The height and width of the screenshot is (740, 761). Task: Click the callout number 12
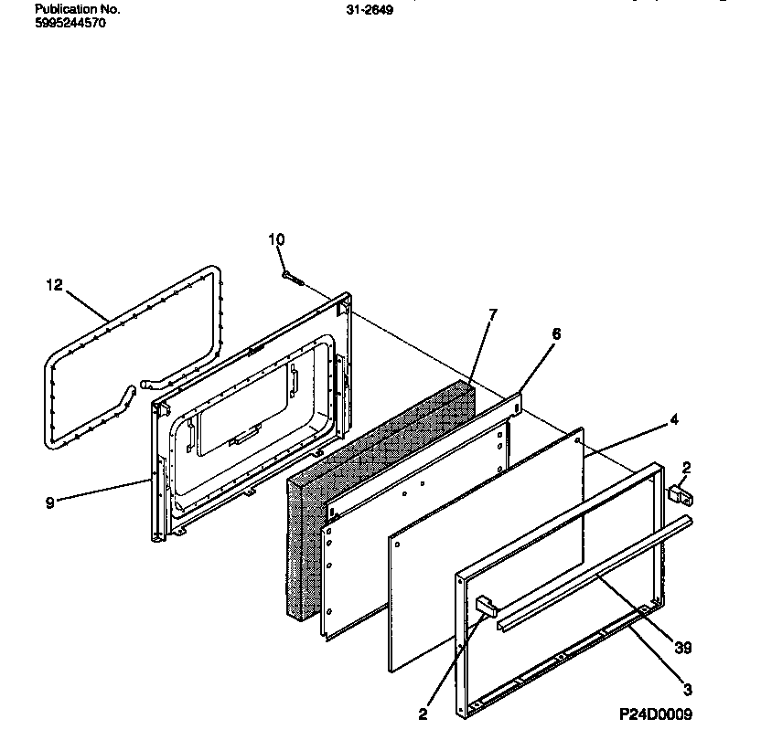[54, 285]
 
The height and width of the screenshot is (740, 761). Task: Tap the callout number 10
[276, 239]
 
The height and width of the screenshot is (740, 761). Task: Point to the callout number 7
[492, 314]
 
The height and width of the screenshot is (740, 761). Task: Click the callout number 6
[554, 334]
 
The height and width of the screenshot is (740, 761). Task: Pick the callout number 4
[674, 421]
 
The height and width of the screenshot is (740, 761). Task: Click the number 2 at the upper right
[687, 468]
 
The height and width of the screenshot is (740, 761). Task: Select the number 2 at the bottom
[423, 714]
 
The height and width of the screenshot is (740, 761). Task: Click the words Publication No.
[77, 9]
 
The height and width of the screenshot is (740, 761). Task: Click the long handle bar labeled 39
[595, 571]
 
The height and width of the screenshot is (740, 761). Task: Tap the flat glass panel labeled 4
[485, 539]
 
